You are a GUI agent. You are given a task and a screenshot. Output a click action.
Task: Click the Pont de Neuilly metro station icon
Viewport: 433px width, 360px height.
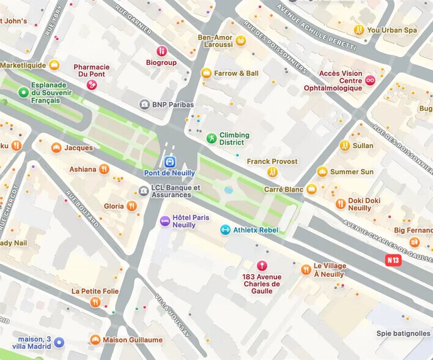pos(169,162)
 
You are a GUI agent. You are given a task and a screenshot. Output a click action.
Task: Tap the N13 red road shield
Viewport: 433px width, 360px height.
pos(393,260)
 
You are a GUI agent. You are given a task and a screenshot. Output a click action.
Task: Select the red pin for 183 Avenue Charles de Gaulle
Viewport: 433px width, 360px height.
pos(262,266)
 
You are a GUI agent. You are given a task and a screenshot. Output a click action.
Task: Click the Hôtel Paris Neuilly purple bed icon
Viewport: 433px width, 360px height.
pos(165,221)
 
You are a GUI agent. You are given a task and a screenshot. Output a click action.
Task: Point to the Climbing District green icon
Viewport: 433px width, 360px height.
pos(211,138)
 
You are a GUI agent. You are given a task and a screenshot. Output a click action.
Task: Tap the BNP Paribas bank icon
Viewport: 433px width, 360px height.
pos(144,105)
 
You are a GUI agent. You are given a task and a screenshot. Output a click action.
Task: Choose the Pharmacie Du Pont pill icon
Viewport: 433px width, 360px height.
pos(92,84)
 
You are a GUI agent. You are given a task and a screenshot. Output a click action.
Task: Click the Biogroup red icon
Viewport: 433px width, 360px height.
pos(161,51)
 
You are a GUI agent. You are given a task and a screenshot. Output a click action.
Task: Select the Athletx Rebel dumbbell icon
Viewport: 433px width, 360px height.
pos(225,230)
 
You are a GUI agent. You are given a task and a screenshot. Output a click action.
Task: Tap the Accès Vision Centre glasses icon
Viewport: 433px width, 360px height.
pos(370,80)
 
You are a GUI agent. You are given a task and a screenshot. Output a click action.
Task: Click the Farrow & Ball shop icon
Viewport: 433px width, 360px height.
pos(206,73)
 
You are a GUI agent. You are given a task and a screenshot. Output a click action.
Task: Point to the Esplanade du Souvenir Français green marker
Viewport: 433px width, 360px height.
pos(23,92)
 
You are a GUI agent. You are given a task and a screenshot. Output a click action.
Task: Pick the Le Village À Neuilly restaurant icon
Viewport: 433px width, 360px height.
pos(306,269)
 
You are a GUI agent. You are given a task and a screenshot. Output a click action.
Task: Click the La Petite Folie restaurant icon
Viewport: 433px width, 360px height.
pos(95,302)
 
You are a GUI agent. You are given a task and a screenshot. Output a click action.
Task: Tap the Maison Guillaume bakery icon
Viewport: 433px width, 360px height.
pos(95,340)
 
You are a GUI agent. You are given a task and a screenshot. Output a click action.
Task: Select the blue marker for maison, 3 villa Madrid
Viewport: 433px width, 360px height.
pos(59,343)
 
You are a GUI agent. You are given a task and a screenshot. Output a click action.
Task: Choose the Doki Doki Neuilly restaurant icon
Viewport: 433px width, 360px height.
pos(340,204)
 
